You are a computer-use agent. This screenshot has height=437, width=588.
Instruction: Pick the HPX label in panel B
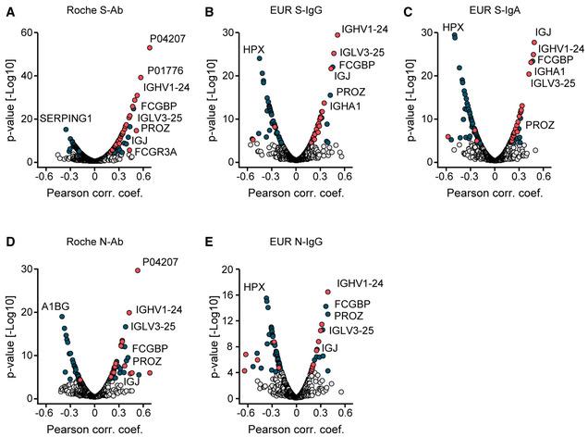[253, 48]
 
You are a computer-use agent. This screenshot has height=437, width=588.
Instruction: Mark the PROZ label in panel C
[541, 124]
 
